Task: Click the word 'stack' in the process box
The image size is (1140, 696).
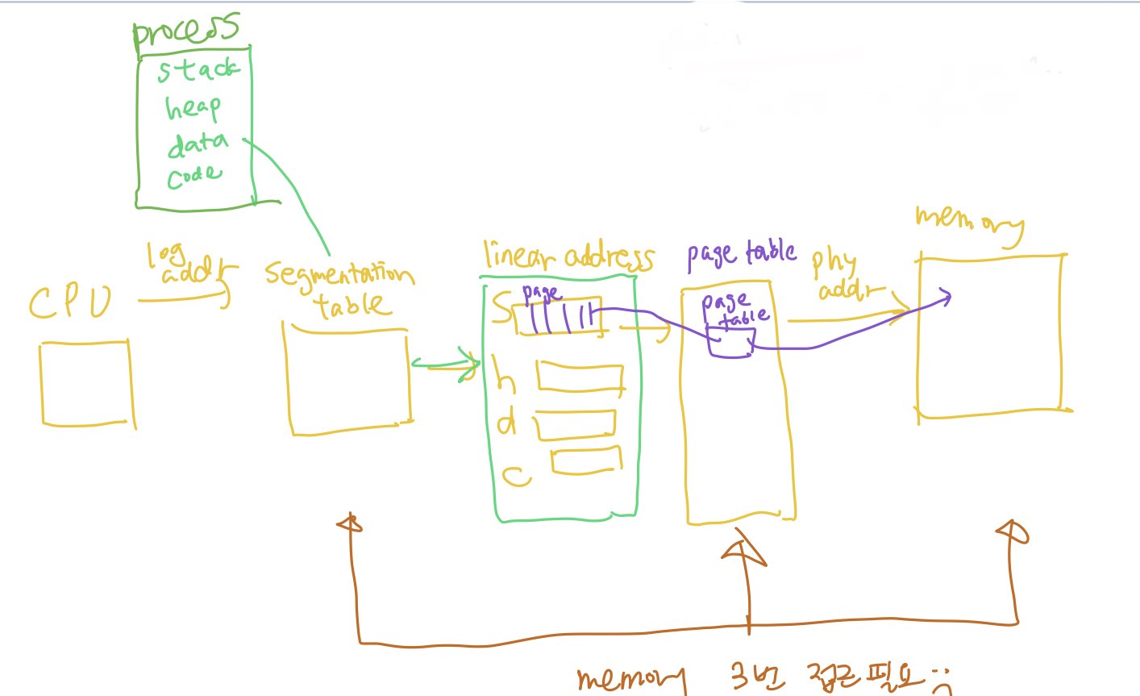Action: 198,69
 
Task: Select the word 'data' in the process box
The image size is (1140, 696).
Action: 197,144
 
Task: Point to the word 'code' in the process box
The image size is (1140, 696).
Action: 193,176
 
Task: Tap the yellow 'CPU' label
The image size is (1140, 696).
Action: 70,303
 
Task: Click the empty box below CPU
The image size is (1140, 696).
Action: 86,383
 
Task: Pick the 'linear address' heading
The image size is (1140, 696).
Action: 568,256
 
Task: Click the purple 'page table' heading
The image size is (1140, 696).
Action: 741,254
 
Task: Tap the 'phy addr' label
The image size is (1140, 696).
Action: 843,274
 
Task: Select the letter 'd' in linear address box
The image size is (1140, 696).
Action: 506,422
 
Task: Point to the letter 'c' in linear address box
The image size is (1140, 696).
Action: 516,476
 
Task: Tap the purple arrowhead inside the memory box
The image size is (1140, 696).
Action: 943,298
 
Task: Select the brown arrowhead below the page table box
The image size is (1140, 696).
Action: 743,553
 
